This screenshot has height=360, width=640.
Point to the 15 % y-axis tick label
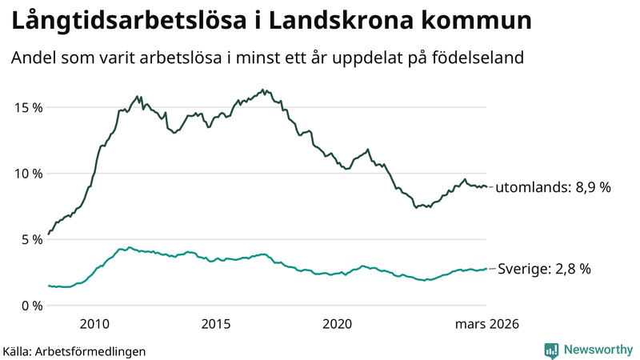coord(26,107)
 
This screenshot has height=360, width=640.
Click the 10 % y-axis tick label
coord(26,174)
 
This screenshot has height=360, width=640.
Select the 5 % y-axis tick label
coord(30,239)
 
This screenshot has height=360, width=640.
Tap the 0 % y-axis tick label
coord(30,306)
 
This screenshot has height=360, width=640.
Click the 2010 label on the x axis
coord(94,324)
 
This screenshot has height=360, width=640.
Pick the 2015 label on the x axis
coord(216,324)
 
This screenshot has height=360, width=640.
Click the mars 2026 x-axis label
coord(487,324)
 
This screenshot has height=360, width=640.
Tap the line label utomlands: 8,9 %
coord(554,188)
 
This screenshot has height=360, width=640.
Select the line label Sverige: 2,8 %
coord(545,270)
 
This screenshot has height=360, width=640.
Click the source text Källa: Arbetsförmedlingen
coord(74,351)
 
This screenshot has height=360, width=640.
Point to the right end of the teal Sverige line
coord(486,269)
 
